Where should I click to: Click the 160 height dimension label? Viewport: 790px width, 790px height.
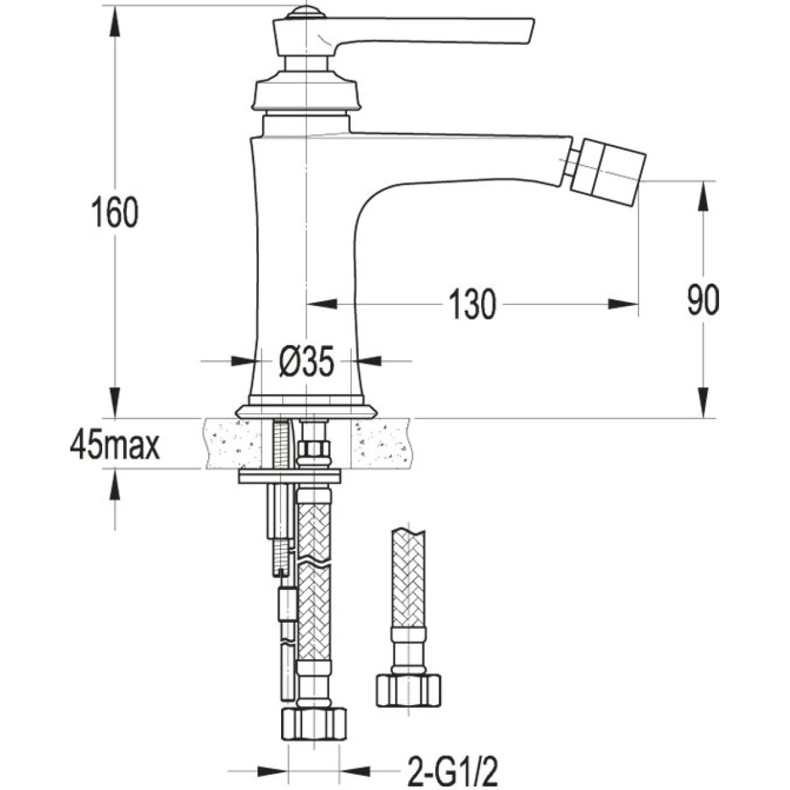[x=115, y=212]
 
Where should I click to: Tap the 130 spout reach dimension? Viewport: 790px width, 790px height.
[x=473, y=304]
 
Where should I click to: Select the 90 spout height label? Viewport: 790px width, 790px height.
[x=703, y=300]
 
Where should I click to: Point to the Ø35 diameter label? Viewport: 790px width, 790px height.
[x=306, y=361]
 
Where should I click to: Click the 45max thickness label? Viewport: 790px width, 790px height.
[x=115, y=446]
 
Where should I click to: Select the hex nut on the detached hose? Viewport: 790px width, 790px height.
[x=408, y=691]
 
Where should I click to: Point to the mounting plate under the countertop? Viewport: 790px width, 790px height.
[x=290, y=477]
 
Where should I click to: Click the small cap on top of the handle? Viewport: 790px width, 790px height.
[x=306, y=12]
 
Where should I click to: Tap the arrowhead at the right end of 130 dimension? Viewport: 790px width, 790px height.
[x=623, y=304]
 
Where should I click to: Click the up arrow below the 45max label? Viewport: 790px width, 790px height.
[x=115, y=485]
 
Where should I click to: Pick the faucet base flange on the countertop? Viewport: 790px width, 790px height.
[x=307, y=411]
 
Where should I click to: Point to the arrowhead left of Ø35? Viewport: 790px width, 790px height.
[x=243, y=361]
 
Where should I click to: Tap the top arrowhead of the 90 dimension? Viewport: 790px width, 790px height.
[x=704, y=196]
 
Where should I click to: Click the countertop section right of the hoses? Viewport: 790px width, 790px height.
[x=382, y=444]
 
